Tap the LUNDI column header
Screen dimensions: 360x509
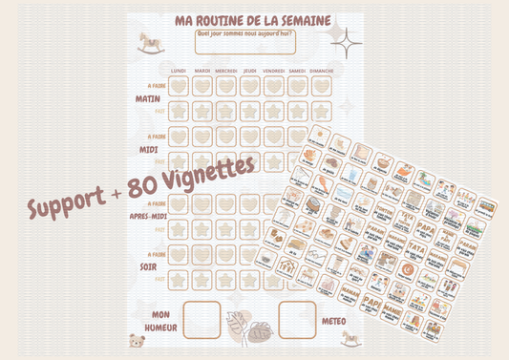(179, 70)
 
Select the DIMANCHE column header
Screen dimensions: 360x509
(322, 70)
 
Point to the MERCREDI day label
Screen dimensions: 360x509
(226, 70)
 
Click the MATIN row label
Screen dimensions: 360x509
(148, 96)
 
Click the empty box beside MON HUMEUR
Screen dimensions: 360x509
(202, 320)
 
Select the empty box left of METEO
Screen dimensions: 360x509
(298, 320)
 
